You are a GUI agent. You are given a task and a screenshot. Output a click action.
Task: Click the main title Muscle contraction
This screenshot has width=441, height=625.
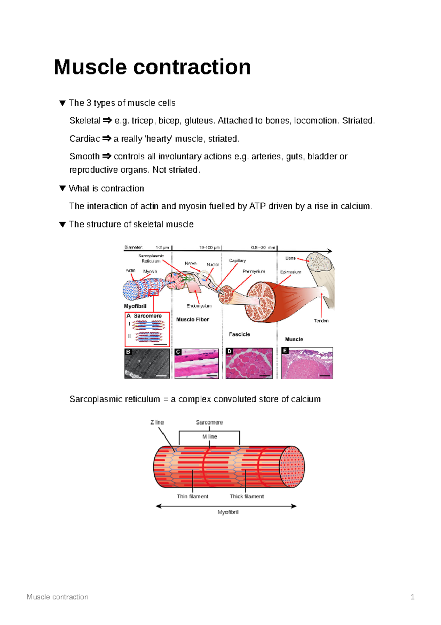pos(152,67)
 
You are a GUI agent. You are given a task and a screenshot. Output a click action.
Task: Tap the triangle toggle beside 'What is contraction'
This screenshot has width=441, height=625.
pos(62,188)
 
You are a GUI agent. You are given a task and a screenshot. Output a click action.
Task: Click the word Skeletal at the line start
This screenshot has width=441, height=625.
pos(85,121)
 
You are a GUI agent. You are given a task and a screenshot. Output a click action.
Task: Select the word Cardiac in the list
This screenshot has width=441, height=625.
pos(85,139)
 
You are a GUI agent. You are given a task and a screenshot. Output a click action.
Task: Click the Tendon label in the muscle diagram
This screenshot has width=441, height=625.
pos(321,321)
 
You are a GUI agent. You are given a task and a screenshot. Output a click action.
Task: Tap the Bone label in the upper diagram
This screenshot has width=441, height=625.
pos(290,258)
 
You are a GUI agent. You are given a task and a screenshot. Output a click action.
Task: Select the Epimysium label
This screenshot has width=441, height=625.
pos(291,272)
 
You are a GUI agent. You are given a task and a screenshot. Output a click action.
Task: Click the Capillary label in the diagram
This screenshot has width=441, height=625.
pos(237,261)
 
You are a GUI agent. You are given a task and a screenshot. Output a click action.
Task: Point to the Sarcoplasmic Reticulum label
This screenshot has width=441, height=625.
pos(151,258)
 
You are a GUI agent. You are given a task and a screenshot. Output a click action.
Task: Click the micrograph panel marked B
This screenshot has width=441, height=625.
pos(147,364)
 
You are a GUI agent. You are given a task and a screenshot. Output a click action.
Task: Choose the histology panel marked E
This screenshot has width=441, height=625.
pos(307,363)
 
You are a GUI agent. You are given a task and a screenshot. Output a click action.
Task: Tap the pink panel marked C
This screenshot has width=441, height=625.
pos(197,364)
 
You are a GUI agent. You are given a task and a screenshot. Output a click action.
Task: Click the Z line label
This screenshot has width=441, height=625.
pos(157,423)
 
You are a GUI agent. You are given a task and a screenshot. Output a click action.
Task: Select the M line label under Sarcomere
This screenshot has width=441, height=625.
pos(209,437)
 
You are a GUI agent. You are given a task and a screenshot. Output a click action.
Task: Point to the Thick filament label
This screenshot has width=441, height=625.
pos(247,497)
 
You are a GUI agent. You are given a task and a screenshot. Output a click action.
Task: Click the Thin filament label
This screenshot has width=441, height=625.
pos(193,497)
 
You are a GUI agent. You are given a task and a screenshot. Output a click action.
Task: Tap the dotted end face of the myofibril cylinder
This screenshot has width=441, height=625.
pos(293,467)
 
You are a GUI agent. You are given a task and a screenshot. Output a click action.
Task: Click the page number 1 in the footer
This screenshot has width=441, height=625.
pos(412,597)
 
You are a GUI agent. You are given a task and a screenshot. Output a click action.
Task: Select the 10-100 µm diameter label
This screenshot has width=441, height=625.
pos(209,248)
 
